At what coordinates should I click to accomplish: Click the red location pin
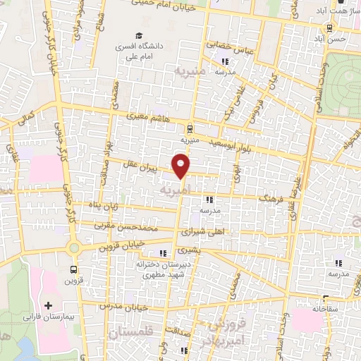[181, 166]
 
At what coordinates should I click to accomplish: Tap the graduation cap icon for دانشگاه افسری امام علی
[140, 35]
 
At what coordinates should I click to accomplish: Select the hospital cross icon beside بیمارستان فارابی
[48, 306]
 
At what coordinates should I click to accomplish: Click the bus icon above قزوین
[74, 269]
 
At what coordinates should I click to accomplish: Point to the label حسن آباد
[331, 39]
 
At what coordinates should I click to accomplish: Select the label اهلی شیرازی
[202, 231]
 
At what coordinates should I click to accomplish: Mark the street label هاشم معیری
[149, 118]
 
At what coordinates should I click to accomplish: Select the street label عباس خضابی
[228, 44]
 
